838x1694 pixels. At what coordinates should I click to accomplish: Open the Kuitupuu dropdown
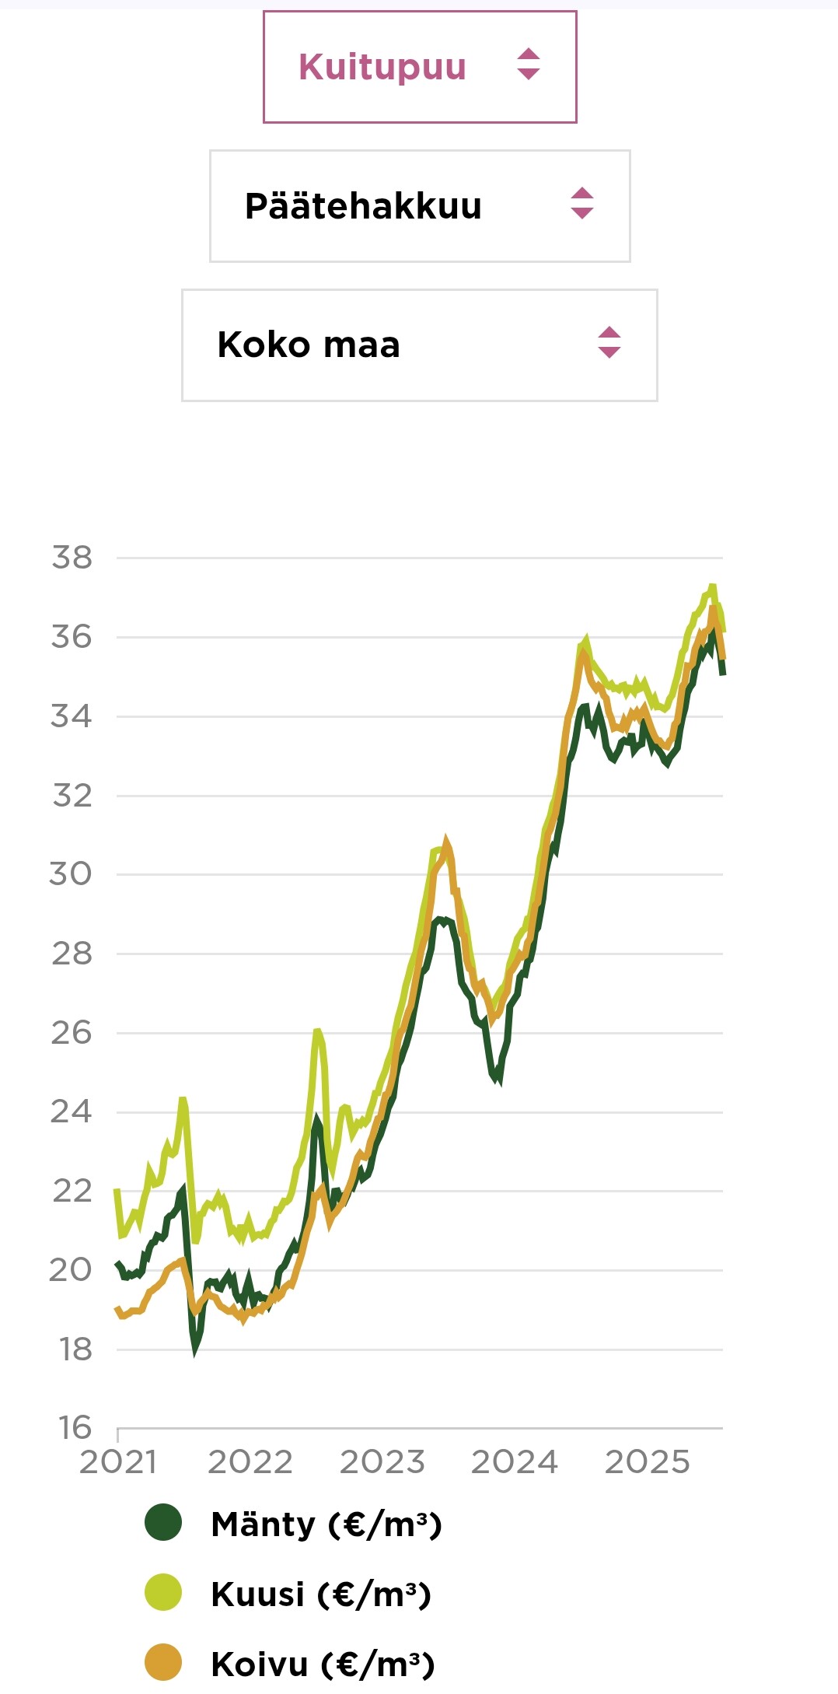point(420,67)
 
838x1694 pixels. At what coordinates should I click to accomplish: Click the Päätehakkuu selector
point(420,206)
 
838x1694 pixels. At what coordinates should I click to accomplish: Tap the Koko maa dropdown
point(420,345)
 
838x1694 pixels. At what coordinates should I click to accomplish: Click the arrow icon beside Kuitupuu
point(529,65)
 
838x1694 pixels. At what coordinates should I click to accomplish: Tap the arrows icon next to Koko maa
point(609,342)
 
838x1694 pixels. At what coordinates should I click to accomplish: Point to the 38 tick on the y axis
point(72,558)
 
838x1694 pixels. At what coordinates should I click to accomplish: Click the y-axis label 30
point(71,874)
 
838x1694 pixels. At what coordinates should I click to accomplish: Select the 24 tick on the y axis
point(72,1112)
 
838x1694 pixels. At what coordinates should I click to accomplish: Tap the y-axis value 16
point(75,1428)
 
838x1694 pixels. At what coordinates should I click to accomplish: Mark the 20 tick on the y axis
point(71,1270)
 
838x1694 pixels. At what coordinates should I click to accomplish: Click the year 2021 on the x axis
point(118,1462)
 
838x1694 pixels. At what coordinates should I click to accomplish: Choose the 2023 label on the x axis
point(382,1462)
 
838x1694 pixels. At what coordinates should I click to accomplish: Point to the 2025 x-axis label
point(648,1462)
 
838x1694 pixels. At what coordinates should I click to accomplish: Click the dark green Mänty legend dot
point(163,1523)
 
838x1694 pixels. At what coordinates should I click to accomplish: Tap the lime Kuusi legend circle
point(163,1592)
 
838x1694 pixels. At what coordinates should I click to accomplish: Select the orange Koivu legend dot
point(163,1663)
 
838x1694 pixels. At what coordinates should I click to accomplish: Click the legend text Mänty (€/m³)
point(326,1524)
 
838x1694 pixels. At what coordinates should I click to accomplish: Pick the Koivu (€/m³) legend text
point(323,1664)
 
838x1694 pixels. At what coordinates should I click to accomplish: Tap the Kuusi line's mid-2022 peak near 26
point(317,1032)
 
